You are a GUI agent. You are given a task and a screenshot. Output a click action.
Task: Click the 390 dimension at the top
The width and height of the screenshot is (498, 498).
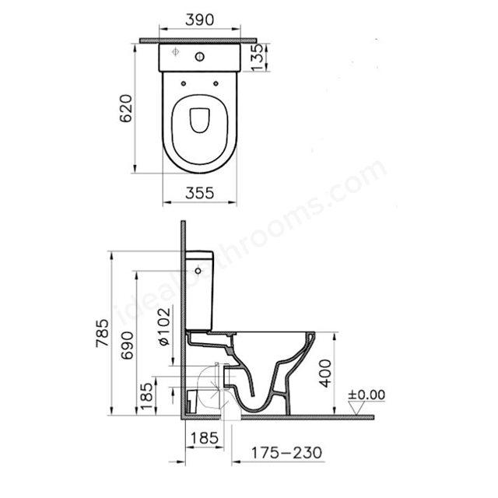pyautogui.click(x=200, y=19)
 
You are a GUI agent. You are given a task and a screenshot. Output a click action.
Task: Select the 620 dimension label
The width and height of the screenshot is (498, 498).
pyautogui.click(x=126, y=108)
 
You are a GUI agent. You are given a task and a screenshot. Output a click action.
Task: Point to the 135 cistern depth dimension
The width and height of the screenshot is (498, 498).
pyautogui.click(x=257, y=57)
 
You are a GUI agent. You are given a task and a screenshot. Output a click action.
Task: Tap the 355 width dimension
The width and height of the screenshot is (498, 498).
pyautogui.click(x=200, y=193)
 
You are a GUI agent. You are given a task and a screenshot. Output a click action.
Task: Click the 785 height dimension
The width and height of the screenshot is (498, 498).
pyautogui.click(x=103, y=333)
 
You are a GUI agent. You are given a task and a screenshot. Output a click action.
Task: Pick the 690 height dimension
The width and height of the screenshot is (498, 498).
pyautogui.click(x=127, y=345)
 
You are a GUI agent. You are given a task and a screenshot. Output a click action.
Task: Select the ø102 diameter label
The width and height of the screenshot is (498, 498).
pyautogui.click(x=164, y=327)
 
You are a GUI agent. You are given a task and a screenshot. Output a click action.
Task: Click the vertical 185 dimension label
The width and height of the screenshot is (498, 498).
pyautogui.click(x=146, y=396)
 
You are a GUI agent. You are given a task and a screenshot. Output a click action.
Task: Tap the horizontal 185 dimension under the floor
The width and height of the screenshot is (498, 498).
pyautogui.click(x=205, y=438)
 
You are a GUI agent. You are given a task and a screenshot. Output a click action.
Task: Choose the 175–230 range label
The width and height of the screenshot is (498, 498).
pyautogui.click(x=286, y=453)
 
